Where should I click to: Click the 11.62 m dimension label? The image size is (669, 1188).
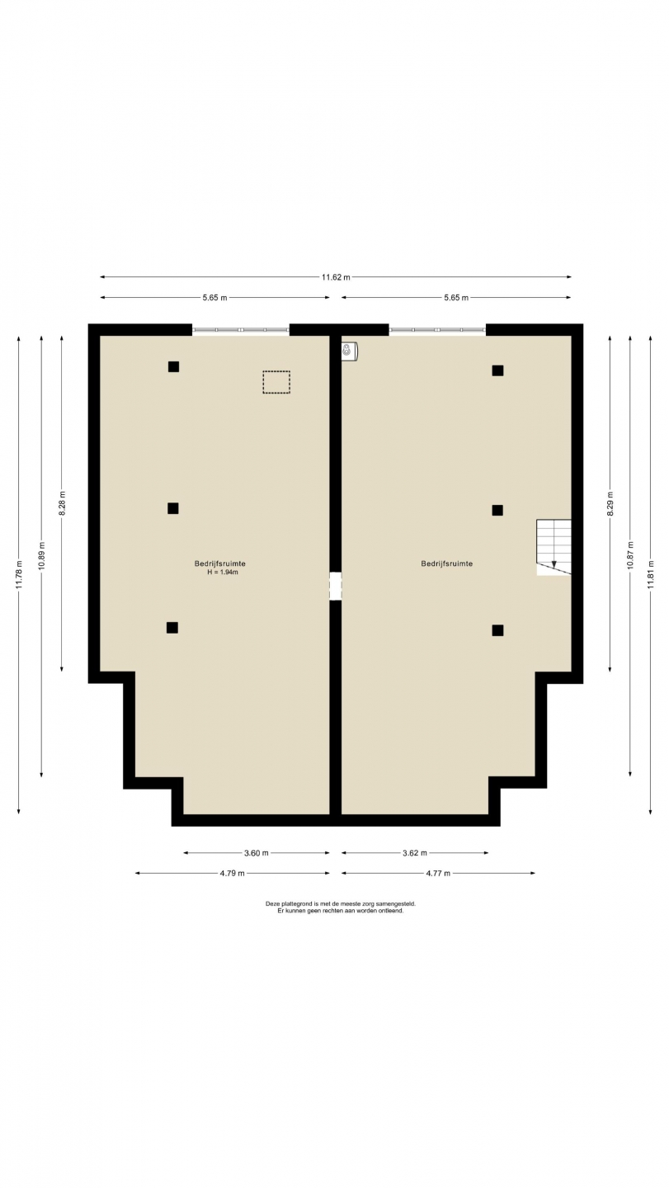click(336, 277)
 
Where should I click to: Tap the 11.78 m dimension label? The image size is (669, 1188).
click(18, 575)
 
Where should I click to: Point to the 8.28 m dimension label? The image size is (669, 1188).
click(62, 502)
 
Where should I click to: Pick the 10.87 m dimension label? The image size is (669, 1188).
click(630, 555)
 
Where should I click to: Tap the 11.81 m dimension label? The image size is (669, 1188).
click(651, 574)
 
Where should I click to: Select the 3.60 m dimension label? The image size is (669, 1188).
click(256, 853)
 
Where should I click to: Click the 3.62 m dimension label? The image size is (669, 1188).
click(415, 853)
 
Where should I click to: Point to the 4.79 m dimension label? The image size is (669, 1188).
click(232, 873)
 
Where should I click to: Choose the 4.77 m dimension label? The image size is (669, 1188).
click(438, 873)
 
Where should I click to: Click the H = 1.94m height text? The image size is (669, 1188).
click(223, 573)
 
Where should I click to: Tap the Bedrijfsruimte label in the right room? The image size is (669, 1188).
click(447, 563)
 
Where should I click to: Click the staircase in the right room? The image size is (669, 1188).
click(554, 547)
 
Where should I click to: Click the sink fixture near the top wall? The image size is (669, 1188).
click(349, 351)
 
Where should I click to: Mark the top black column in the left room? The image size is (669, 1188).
click(173, 366)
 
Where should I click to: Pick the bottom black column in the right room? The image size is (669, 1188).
click(497, 630)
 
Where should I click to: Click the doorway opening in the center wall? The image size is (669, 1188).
click(336, 586)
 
